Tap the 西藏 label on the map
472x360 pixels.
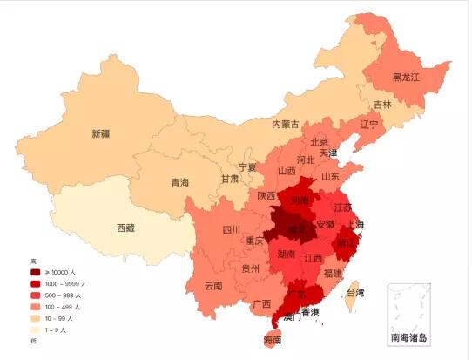(125, 228)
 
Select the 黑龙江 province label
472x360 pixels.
(406, 78)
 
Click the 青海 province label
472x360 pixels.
(179, 183)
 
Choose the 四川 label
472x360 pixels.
(231, 230)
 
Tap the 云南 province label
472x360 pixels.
(213, 286)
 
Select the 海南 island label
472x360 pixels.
(272, 340)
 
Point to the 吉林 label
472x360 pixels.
(382, 105)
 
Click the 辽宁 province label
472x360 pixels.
(369, 125)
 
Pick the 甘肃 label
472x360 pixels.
(229, 179)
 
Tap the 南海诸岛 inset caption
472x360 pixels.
(408, 336)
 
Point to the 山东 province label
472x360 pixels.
(330, 176)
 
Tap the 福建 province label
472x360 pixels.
(332, 274)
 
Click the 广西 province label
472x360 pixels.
(260, 304)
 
